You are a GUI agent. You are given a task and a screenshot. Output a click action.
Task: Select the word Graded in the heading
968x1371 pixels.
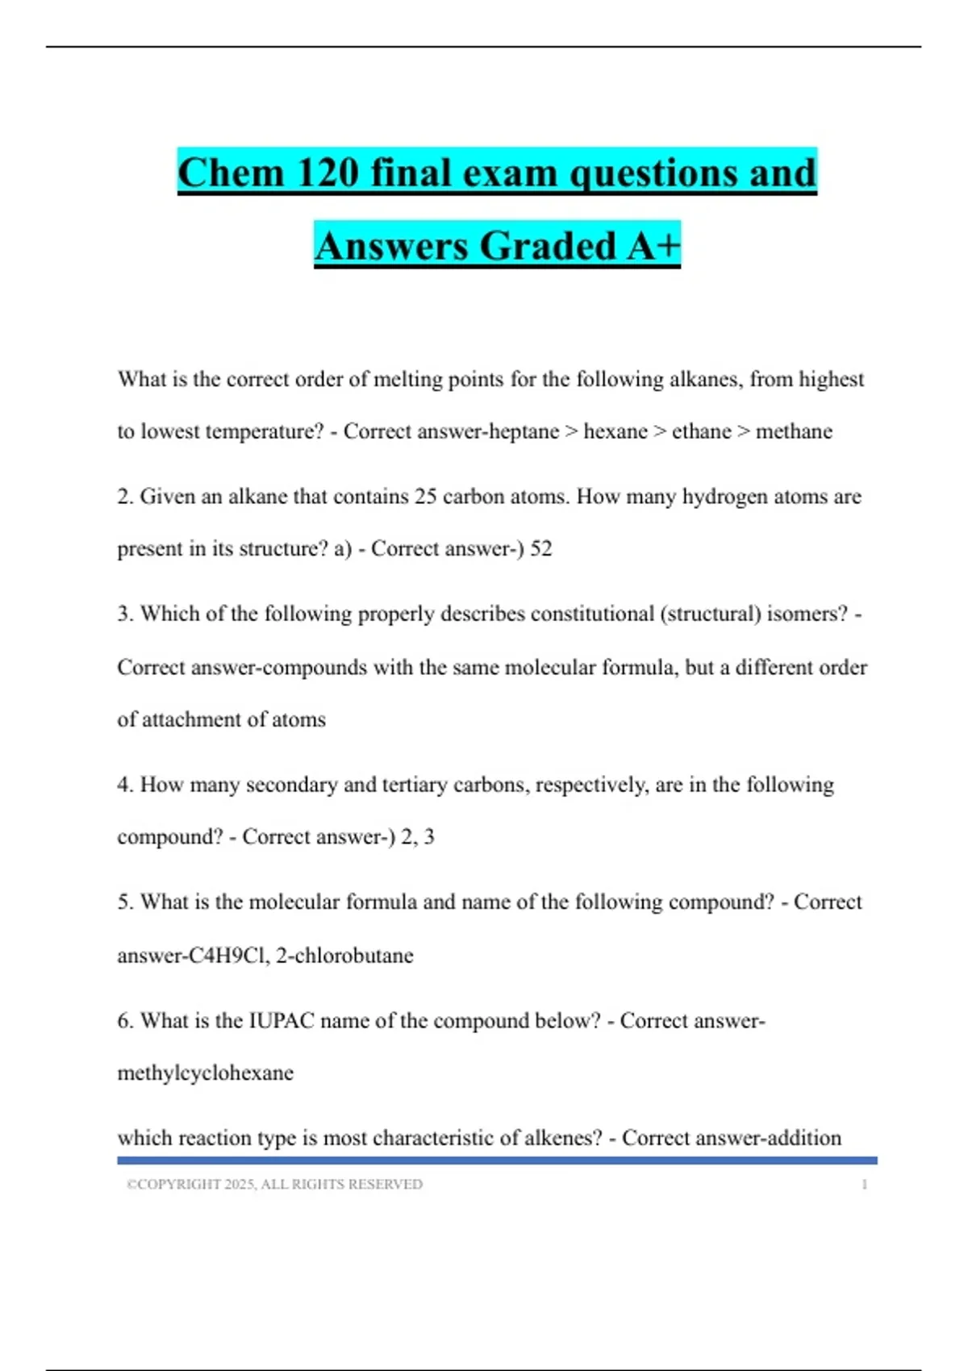point(549,246)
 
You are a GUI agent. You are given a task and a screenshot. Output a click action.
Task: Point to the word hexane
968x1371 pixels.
point(615,431)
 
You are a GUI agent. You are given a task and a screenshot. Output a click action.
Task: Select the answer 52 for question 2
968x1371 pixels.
point(540,548)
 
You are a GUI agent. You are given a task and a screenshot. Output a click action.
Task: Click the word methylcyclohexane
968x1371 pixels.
point(206,1073)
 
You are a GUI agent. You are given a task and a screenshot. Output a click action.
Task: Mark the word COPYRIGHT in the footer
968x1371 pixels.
point(179,1184)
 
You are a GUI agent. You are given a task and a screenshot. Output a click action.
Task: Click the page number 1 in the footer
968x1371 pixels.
point(864,1184)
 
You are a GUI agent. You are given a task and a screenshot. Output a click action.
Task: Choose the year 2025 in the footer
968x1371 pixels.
point(240,1184)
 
